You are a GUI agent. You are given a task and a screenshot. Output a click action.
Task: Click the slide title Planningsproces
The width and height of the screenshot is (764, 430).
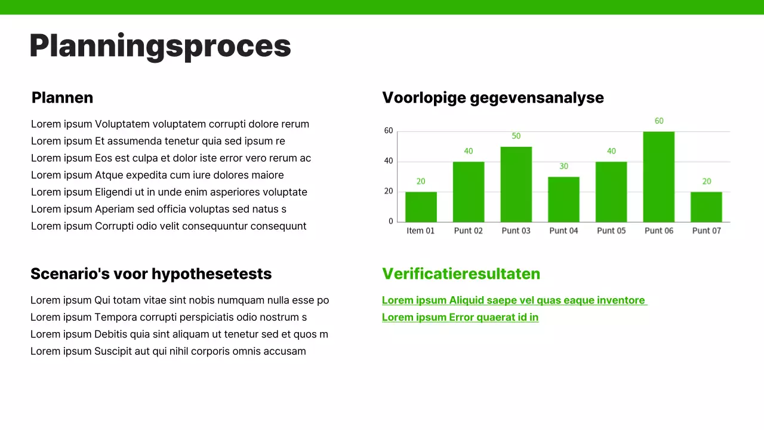160,46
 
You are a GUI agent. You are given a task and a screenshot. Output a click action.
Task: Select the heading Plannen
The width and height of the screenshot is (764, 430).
62,97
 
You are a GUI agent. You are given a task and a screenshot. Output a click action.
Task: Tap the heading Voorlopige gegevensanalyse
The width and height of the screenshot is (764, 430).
492,97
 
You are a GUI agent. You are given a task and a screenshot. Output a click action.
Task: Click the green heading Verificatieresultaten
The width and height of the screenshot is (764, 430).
461,274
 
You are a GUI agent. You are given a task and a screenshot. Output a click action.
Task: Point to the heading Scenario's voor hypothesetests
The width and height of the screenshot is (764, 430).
151,274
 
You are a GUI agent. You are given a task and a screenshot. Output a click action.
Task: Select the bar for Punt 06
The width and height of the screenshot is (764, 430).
658,177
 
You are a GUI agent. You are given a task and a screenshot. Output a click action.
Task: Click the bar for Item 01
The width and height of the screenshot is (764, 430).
421,207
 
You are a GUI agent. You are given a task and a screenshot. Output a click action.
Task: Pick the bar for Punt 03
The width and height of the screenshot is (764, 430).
516,184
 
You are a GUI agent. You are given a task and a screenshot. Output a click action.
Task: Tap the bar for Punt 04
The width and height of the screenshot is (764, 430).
563,199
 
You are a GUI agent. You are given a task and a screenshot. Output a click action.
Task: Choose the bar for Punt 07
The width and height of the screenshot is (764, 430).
706,207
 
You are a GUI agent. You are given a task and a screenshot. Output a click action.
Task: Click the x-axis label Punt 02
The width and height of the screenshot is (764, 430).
468,231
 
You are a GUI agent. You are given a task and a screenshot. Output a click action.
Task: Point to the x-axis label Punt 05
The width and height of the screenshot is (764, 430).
611,231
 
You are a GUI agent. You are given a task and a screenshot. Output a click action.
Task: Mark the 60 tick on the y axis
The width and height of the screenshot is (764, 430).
389,131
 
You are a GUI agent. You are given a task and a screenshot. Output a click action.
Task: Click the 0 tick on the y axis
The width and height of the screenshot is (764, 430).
391,221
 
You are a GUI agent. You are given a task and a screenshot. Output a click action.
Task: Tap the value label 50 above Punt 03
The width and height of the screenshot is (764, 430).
516,136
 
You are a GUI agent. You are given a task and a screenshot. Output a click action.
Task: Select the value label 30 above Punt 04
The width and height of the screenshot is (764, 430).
563,166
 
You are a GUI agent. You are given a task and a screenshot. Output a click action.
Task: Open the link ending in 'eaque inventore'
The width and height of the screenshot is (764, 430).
514,300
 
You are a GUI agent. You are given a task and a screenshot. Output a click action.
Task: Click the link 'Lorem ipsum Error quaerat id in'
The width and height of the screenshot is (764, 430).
460,317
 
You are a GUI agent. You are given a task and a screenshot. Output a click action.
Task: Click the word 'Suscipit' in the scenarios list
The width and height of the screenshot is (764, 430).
113,351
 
